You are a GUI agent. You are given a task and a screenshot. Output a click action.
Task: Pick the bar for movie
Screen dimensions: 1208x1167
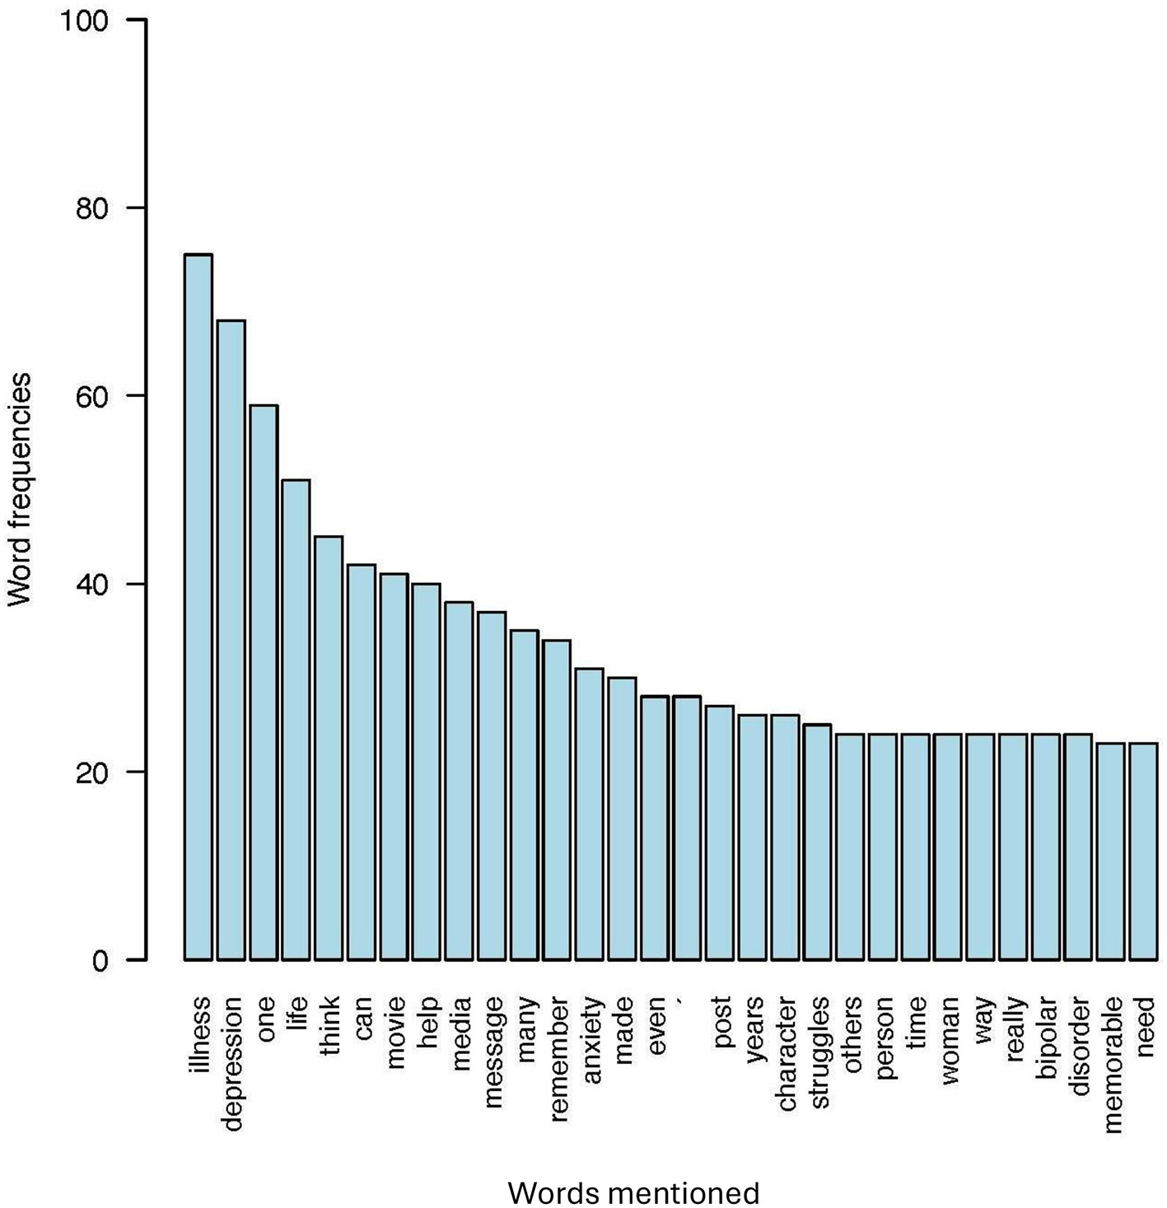click(x=394, y=767)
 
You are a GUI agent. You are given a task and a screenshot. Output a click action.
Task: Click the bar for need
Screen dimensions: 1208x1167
click(x=1144, y=851)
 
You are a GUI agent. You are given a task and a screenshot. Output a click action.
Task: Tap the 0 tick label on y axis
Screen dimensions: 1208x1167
click(x=100, y=961)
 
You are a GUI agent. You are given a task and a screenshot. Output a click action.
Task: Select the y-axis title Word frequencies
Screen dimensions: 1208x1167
click(x=20, y=490)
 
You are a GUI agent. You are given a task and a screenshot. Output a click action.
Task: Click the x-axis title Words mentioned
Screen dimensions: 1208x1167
click(x=633, y=1192)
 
